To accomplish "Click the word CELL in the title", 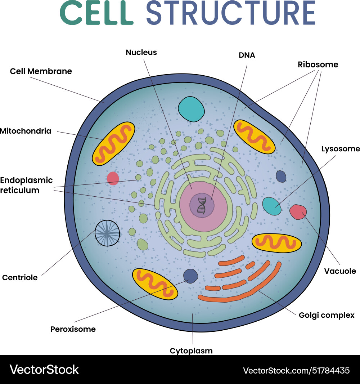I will (x=96, y=13).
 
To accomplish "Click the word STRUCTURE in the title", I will (x=230, y=13).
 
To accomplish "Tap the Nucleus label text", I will (x=141, y=53).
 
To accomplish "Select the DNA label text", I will (x=247, y=55).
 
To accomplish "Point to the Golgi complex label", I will (x=327, y=315).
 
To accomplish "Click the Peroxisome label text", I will (x=73, y=329).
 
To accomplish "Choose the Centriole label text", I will (x=20, y=278).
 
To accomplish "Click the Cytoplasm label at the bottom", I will (x=191, y=350).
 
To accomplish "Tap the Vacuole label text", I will (x=340, y=271).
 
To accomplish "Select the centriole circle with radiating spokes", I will (x=107, y=233).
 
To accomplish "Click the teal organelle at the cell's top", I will (x=192, y=109).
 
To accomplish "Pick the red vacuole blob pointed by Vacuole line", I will (x=298, y=212).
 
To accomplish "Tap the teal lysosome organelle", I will (x=271, y=206).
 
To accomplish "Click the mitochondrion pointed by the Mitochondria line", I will (x=113, y=143).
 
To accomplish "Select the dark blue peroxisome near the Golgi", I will (x=190, y=276).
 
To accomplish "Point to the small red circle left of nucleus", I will (x=113, y=178).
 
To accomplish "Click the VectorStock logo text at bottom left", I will (x=44, y=369).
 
